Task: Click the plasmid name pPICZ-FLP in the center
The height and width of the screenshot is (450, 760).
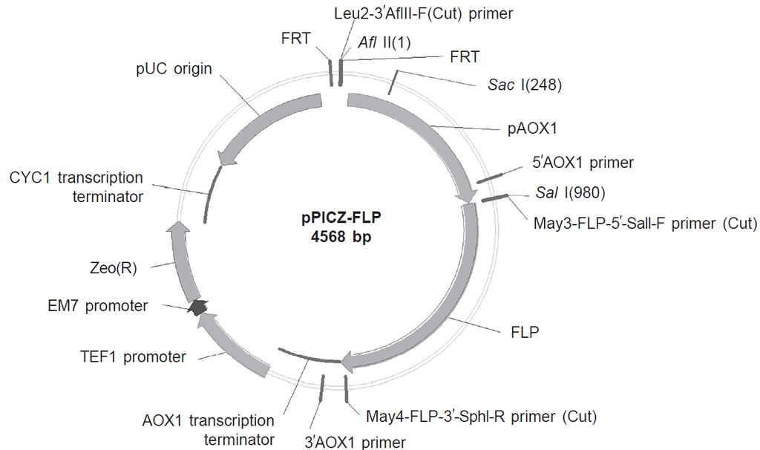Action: (x=339, y=220)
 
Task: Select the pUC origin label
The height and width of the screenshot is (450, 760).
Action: (x=174, y=69)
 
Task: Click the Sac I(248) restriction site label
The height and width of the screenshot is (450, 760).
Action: (x=525, y=85)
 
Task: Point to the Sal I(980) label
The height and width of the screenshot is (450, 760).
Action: (x=571, y=194)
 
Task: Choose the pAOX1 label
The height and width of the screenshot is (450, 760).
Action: (x=532, y=128)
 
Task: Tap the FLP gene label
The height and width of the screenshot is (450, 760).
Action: (x=525, y=331)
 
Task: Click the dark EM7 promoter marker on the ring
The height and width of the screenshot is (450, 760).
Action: (x=197, y=306)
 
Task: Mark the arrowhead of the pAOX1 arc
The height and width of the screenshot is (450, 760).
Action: (x=467, y=195)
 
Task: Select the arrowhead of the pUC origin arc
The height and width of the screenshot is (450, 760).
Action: (x=226, y=158)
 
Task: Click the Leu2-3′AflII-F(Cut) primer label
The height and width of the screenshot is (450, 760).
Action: (x=426, y=13)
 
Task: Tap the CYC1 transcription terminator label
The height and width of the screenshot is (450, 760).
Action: (x=76, y=187)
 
